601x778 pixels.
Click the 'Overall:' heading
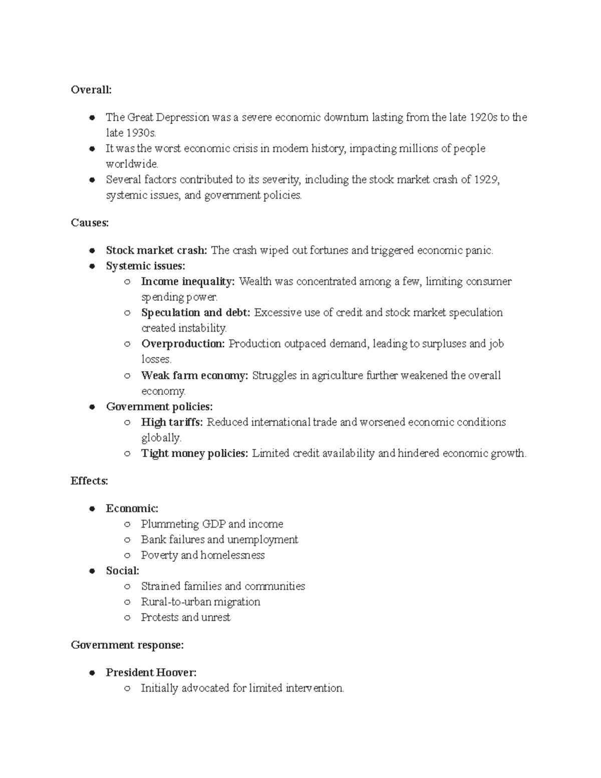[x=91, y=90]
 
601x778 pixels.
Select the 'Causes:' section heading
[x=90, y=223]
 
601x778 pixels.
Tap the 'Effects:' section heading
[x=89, y=481]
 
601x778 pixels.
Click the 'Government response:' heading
[x=127, y=645]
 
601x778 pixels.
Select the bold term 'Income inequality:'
[x=188, y=282]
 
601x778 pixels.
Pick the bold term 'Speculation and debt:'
[x=195, y=313]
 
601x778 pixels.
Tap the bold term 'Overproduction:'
[x=183, y=344]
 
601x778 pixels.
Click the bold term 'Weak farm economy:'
[x=194, y=375]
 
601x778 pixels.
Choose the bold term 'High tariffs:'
[x=172, y=422]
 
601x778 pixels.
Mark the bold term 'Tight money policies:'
[x=194, y=453]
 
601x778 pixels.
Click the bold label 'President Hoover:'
[x=151, y=672]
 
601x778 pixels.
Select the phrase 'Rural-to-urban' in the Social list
[x=173, y=602]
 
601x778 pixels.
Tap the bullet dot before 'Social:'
[x=92, y=571]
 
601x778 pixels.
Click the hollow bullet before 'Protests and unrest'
[x=128, y=618]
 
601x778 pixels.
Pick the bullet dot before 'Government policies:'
[x=92, y=407]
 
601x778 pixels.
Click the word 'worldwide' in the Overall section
[x=131, y=164]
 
